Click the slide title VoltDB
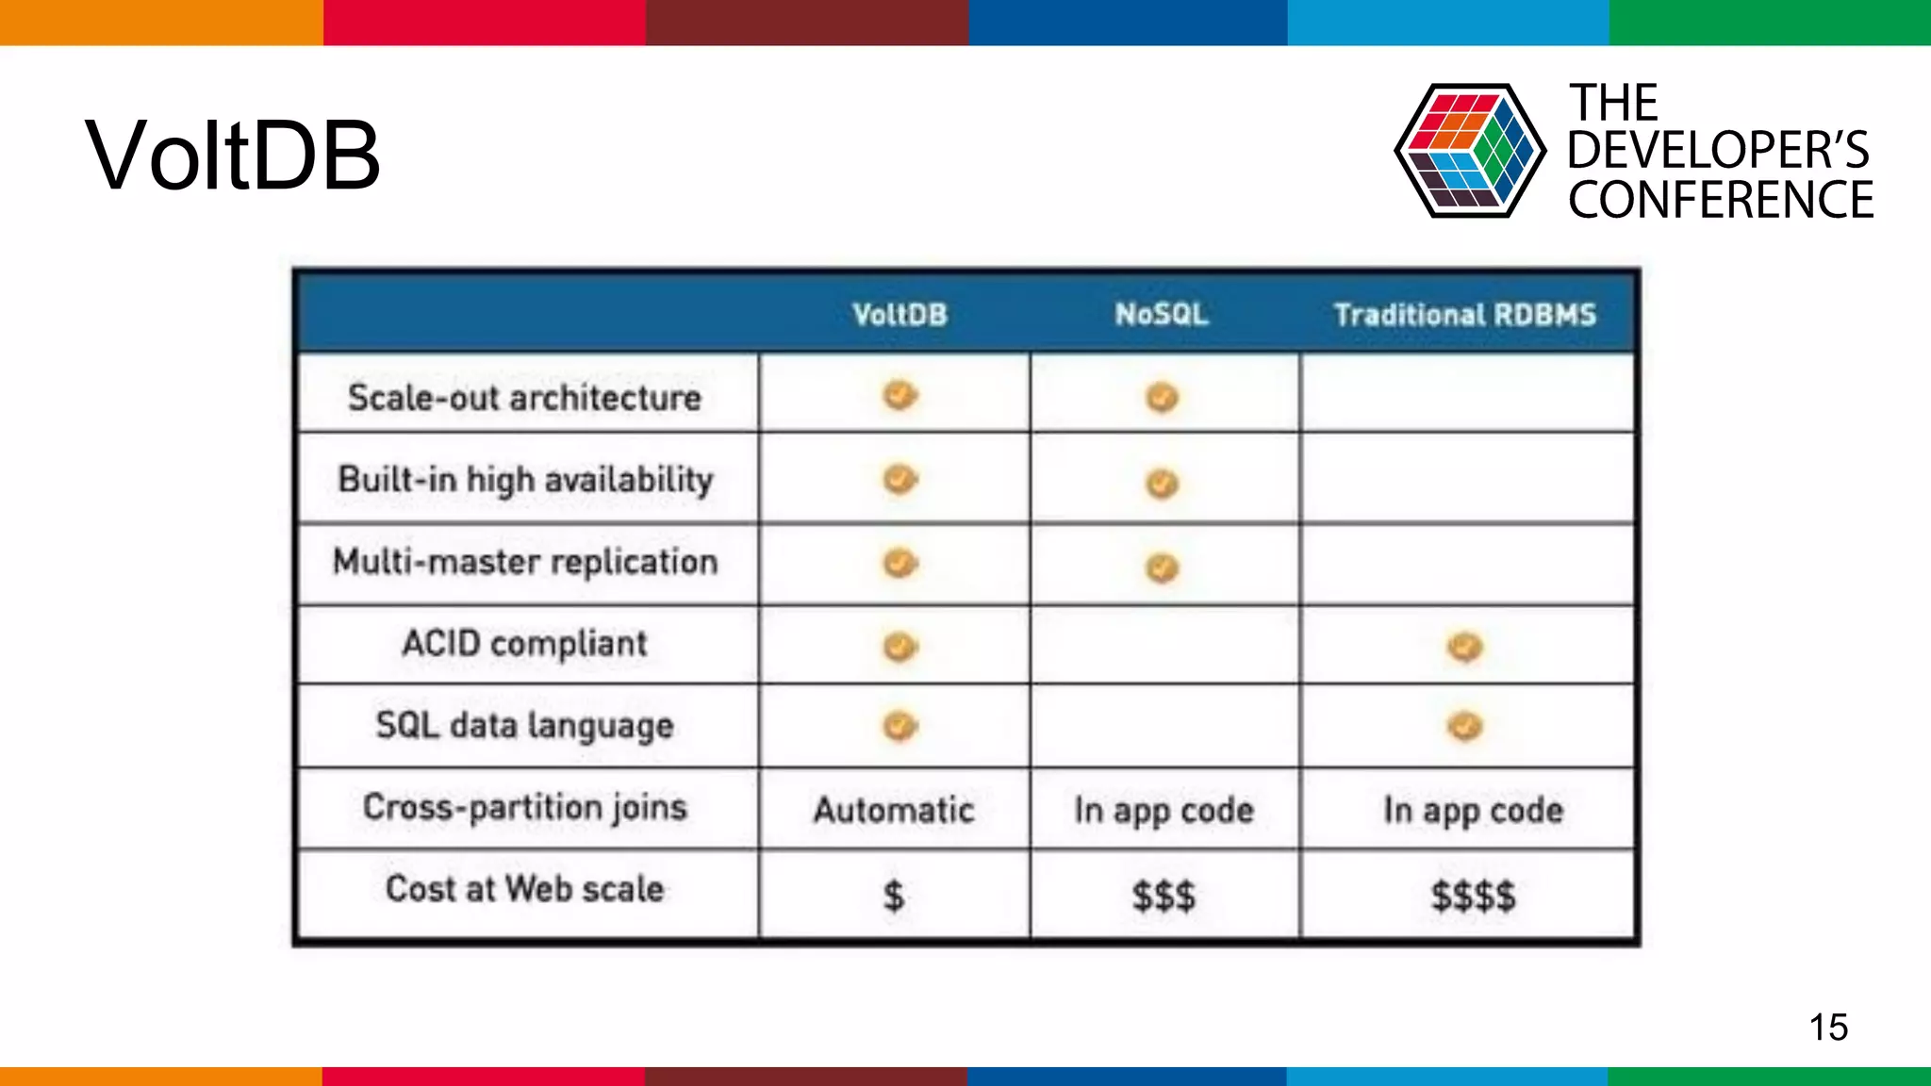point(232,156)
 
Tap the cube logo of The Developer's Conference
point(1469,151)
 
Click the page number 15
point(1828,1027)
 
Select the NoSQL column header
point(1162,314)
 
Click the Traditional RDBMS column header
point(1464,314)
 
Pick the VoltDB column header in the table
point(899,314)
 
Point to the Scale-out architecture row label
point(524,398)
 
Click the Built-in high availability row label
point(525,480)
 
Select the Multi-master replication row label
point(525,562)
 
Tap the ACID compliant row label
point(524,644)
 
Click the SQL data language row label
point(524,726)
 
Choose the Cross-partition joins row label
point(524,808)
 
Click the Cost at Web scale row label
point(524,889)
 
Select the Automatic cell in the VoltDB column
point(894,810)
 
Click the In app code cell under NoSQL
point(1164,810)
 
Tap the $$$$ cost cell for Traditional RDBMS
point(1473,895)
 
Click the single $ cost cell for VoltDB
point(893,895)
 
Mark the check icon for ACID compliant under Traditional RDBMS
point(1464,647)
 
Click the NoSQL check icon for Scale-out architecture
point(1162,397)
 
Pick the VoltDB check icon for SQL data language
point(899,726)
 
